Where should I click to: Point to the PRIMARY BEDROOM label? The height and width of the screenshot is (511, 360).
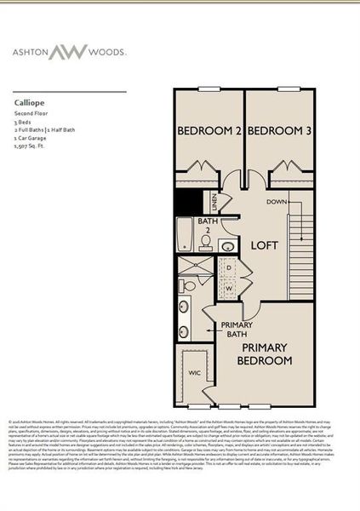pyautogui.click(x=274, y=355)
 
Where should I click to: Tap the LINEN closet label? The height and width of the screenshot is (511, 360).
pyautogui.click(x=214, y=204)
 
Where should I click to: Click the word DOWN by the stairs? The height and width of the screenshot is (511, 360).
pyautogui.click(x=276, y=202)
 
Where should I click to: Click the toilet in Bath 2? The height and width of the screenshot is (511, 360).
pyautogui.click(x=207, y=241)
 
